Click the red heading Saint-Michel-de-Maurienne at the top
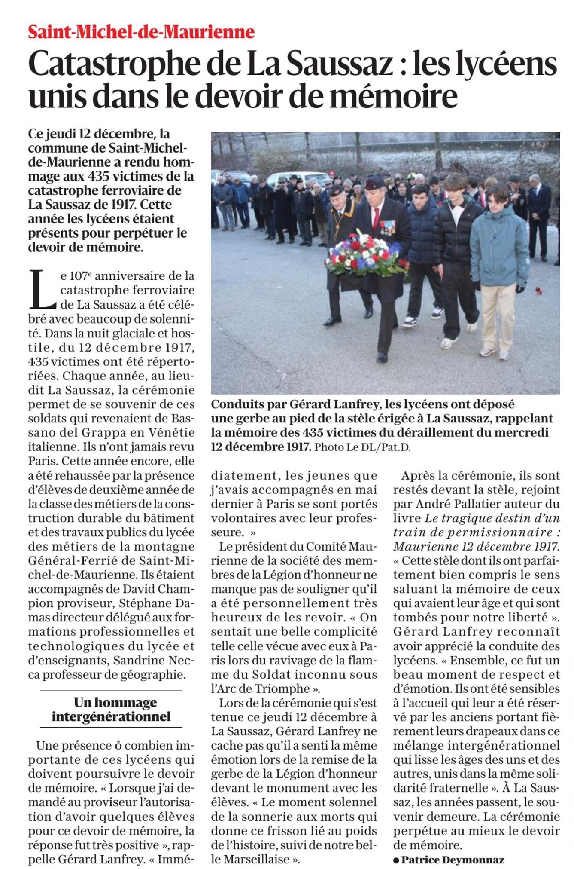point(141,32)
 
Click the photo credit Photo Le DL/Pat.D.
point(362,447)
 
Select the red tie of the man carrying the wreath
point(376,217)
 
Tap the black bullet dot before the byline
point(396,860)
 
